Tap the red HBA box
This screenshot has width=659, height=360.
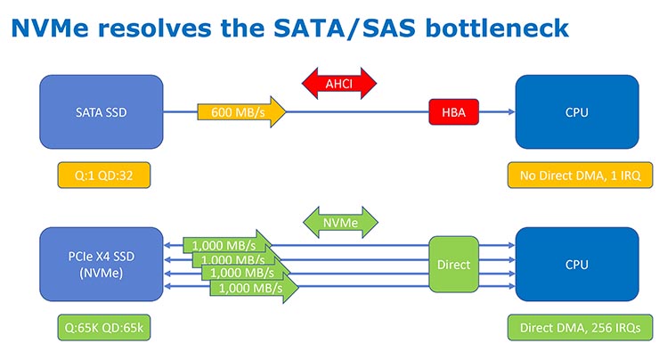point(454,112)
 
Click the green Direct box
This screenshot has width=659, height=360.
point(454,265)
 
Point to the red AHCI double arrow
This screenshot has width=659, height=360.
point(341,83)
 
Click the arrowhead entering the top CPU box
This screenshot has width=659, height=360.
point(510,112)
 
